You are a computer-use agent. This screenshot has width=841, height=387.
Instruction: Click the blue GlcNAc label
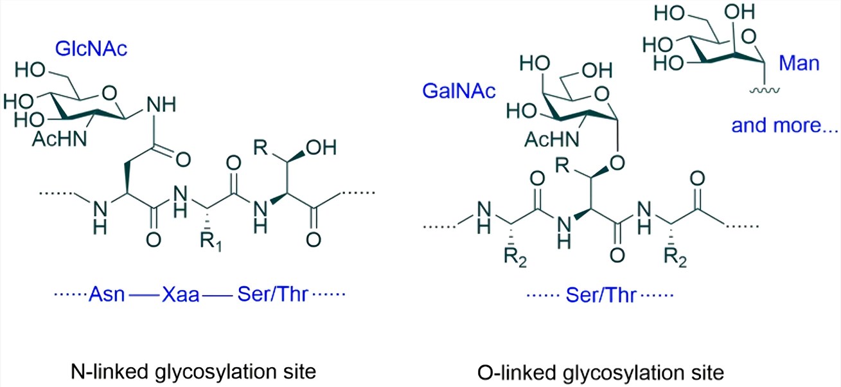pos(91,50)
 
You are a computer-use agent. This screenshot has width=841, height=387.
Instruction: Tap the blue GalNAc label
pos(459,91)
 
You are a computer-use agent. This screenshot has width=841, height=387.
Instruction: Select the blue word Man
pos(799,63)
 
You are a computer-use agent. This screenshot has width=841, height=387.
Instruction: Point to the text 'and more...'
pos(784,125)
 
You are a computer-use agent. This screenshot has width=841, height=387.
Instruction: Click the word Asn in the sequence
pos(107,294)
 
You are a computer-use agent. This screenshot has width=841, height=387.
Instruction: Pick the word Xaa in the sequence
pos(181,294)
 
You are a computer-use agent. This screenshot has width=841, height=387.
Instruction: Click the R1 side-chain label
pos(211,242)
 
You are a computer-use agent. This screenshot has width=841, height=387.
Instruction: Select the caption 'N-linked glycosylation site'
pos(193,372)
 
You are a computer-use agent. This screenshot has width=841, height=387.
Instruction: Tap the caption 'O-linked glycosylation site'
pos(601,373)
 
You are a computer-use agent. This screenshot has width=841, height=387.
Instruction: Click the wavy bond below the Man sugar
pos(765,90)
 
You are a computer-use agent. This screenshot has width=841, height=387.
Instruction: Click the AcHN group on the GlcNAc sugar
pos(60,139)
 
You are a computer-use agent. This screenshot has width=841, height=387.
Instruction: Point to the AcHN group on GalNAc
pos(552,139)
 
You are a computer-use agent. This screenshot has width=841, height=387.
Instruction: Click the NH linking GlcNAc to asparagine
pos(161,105)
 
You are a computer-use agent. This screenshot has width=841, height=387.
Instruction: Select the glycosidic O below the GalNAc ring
pos(617,163)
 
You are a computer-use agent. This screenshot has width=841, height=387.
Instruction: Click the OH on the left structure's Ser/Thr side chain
pos(321,148)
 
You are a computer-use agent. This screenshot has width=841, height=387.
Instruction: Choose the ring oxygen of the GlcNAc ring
pos(109,93)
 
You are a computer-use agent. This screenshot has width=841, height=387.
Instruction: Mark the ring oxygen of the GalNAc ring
pos(602,94)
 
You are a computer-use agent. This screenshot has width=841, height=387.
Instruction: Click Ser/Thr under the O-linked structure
pos(601,295)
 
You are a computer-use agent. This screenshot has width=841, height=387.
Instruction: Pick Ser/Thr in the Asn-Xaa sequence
pos(272,294)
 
